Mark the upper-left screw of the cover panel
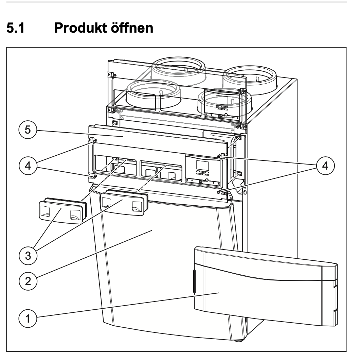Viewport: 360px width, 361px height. pos(95,140)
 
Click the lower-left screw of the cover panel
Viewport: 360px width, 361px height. pos(95,176)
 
